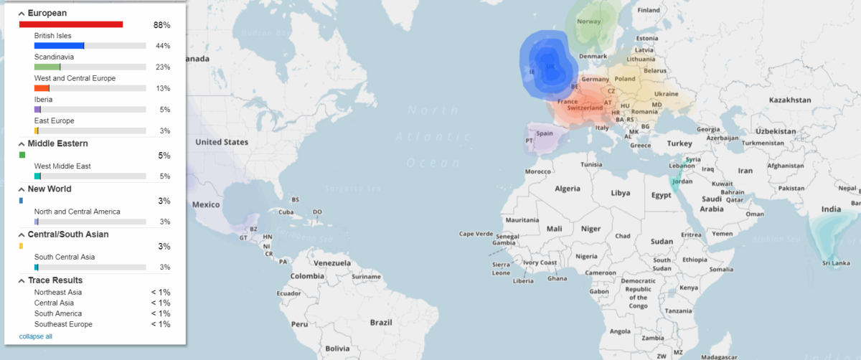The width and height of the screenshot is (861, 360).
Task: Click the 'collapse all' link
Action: coord(35,336)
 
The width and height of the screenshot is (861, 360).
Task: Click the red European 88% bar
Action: coord(71,24)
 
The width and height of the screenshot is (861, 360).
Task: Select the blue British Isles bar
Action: coord(59,46)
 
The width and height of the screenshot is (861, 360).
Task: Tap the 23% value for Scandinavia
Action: coord(162,67)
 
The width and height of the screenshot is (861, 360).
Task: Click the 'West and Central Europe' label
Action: coord(75,78)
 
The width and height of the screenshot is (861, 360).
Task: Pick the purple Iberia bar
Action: coord(37,110)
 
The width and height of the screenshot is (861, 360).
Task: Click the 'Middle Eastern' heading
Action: coord(57,143)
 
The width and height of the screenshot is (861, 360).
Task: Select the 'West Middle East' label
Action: coord(62,166)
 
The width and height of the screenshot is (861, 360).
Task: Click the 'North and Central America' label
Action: coord(77,212)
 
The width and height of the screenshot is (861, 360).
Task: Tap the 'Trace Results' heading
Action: coord(55,280)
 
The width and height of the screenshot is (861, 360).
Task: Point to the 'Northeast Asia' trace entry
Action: coord(58,293)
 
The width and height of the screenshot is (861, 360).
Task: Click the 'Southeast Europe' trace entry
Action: coord(63,324)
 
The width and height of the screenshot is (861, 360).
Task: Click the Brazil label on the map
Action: coord(381,323)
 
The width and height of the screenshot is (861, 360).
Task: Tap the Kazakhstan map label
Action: coord(789,100)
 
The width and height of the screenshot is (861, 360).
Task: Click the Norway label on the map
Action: coord(589,22)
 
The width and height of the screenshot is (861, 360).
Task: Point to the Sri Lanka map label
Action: coord(837,263)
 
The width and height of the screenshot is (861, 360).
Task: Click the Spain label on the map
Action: coord(545,133)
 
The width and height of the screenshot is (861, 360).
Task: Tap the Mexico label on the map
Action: coord(206,204)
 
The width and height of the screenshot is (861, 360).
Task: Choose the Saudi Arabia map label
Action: coord(712,204)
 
